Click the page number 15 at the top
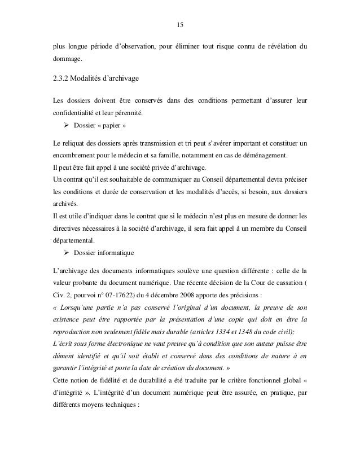pyautogui.click(x=180, y=25)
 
